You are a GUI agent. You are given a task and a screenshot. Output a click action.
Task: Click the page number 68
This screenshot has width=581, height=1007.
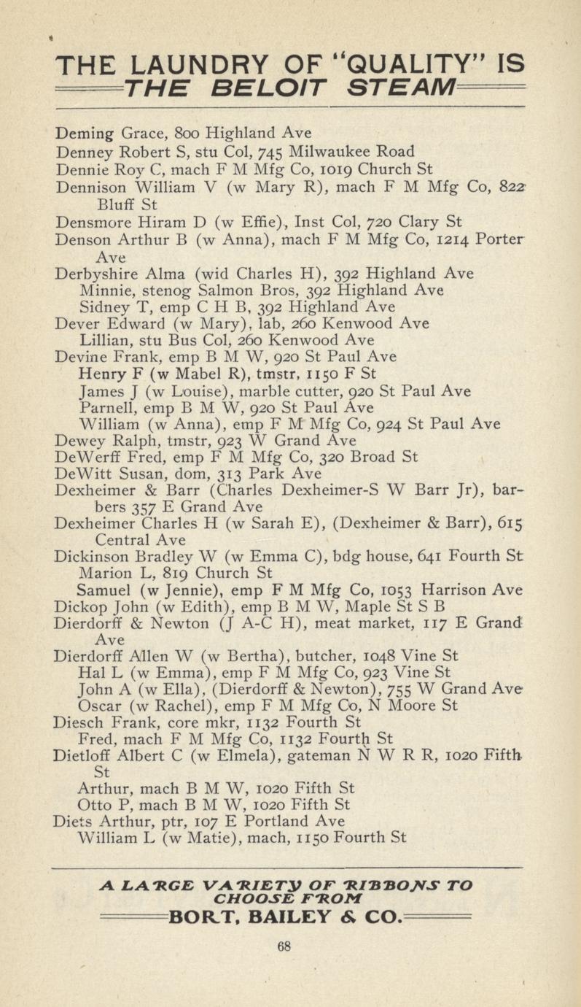[x=284, y=947]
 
